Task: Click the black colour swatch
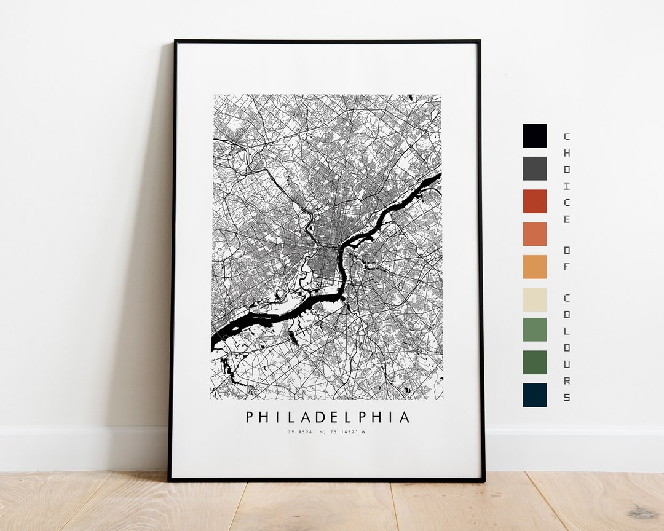coord(534,136)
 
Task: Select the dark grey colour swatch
coord(534,168)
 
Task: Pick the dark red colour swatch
coord(534,201)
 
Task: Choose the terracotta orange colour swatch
coord(534,234)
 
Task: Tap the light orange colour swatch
coord(534,266)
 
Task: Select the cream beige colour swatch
coord(534,299)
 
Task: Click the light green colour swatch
coord(534,329)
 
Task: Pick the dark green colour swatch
coord(534,363)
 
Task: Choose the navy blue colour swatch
coord(534,395)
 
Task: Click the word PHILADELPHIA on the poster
coord(328,418)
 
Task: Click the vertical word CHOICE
coord(566,178)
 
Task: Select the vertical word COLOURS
coord(566,347)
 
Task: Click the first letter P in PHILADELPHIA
coord(250,418)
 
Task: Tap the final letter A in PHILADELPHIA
coord(405,418)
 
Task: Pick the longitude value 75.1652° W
coord(348,432)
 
